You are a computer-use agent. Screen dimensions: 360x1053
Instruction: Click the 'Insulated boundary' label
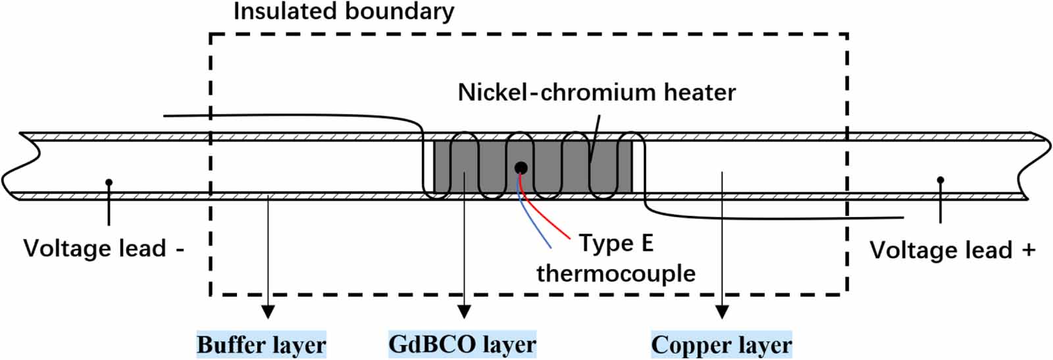344,12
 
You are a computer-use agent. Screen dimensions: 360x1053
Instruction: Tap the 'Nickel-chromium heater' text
596,92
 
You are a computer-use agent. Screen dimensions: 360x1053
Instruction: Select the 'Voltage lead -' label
103,249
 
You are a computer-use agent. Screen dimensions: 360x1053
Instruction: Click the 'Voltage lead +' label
952,250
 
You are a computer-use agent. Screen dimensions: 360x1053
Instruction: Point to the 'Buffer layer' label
261,344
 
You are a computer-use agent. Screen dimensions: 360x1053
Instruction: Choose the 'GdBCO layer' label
462,344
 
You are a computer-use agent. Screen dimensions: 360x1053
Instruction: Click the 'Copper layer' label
721,344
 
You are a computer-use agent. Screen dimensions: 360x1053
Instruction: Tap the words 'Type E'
616,243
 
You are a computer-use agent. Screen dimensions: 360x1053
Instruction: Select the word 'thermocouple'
616,272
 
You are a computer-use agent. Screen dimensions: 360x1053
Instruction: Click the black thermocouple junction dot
521,167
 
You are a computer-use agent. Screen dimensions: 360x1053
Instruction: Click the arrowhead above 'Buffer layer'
267,311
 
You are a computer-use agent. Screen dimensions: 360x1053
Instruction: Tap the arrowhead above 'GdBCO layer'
464,311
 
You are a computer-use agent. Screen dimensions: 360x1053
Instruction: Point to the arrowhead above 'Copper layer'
722,311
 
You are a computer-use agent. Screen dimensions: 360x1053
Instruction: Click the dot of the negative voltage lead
109,182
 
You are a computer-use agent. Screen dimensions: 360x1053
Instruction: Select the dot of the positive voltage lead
940,180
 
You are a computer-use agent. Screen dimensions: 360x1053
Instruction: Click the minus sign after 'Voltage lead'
180,249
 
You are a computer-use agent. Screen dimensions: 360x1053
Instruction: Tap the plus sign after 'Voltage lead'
1029,250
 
